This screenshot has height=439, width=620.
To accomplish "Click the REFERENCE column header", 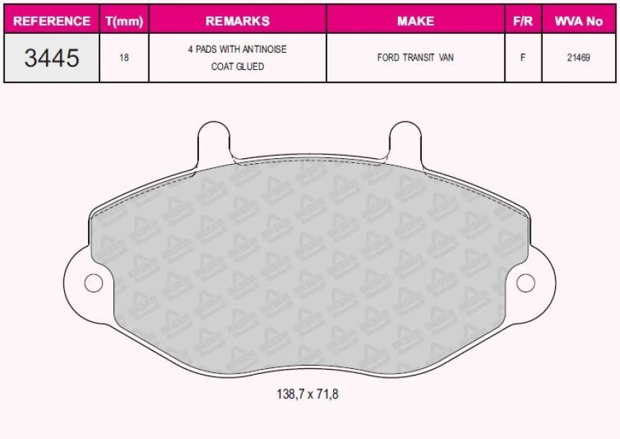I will pyautogui.click(x=52, y=21).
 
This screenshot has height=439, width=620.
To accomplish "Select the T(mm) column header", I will pyautogui.click(x=124, y=21).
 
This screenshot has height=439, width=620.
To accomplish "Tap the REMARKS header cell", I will pyautogui.click(x=237, y=21).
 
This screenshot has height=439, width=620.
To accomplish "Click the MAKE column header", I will pyautogui.click(x=415, y=21).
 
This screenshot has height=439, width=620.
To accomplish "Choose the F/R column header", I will pyautogui.click(x=523, y=21).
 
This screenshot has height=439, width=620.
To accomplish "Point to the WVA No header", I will pyautogui.click(x=578, y=21).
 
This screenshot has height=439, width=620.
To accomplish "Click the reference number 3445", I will pyautogui.click(x=52, y=58).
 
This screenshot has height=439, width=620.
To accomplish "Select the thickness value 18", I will pyautogui.click(x=124, y=58).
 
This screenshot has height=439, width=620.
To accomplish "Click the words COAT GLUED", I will pyautogui.click(x=237, y=66).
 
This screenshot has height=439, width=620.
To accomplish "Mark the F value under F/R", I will pyautogui.click(x=523, y=58).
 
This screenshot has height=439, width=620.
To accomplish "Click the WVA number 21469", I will pyautogui.click(x=578, y=58).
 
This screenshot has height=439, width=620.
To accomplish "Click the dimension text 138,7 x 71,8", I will pyautogui.click(x=307, y=394).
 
